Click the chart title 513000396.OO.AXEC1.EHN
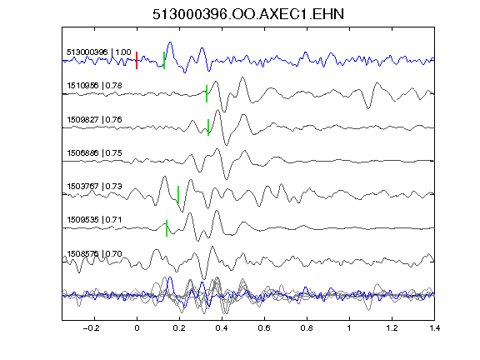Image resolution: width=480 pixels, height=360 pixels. (x=248, y=14)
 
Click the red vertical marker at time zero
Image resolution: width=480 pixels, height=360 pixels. (x=137, y=60)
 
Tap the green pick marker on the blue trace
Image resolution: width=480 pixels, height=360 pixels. (x=164, y=60)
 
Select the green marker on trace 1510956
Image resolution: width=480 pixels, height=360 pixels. (x=207, y=93)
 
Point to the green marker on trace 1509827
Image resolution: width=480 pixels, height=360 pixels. (x=208, y=127)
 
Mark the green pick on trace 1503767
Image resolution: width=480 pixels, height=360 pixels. (x=178, y=194)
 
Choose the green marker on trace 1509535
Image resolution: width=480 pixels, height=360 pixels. (x=167, y=228)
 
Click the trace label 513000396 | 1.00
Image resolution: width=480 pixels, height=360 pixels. (x=99, y=52)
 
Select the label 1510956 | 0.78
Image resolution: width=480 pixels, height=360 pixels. (x=95, y=85)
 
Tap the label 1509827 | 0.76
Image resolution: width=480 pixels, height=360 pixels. (x=95, y=119)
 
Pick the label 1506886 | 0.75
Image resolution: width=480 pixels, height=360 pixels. (x=95, y=152)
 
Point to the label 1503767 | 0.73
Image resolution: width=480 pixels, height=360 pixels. (x=95, y=186)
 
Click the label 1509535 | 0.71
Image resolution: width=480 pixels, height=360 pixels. (x=95, y=220)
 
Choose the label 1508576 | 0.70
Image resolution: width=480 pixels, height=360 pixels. (x=95, y=254)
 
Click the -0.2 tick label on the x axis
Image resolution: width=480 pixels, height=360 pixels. (x=92, y=328)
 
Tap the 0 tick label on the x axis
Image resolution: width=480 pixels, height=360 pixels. (x=137, y=328)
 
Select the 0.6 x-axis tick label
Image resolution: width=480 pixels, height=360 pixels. (x=264, y=328)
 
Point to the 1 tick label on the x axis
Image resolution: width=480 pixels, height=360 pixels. (x=349, y=328)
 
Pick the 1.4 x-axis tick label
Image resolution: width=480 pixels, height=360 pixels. (x=434, y=328)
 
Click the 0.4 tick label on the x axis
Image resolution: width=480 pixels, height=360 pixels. (x=222, y=328)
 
